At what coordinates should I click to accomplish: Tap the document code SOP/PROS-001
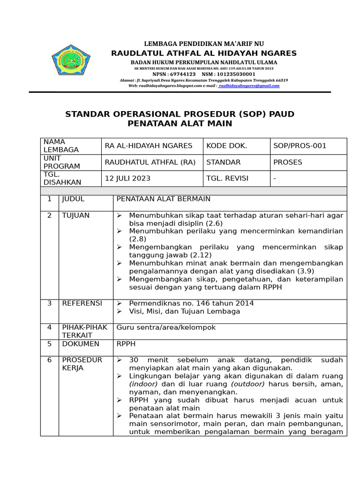click(300, 146)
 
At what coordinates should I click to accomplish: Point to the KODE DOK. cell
click(226, 146)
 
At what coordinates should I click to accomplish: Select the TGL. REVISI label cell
click(227, 178)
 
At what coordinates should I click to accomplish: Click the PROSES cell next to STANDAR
click(288, 162)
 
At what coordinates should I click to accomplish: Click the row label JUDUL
click(73, 199)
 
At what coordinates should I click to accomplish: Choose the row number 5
click(49, 344)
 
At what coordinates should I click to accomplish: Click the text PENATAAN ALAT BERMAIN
click(163, 199)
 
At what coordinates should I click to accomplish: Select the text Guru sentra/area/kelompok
click(166, 327)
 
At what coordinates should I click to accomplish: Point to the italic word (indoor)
click(143, 384)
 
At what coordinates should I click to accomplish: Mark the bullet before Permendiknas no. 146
click(120, 303)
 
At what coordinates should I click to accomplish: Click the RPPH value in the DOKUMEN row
click(126, 344)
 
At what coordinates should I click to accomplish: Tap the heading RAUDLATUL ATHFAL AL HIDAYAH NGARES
click(204, 53)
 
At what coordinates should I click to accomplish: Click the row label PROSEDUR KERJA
click(82, 364)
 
